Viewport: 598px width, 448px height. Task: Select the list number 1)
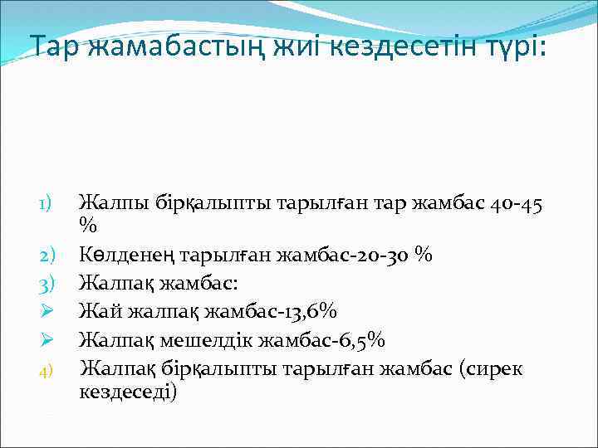click(47, 202)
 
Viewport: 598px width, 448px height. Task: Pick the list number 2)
click(47, 256)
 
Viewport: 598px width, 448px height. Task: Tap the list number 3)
click(47, 284)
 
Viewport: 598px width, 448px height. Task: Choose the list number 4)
click(47, 367)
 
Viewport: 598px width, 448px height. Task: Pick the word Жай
click(96, 312)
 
